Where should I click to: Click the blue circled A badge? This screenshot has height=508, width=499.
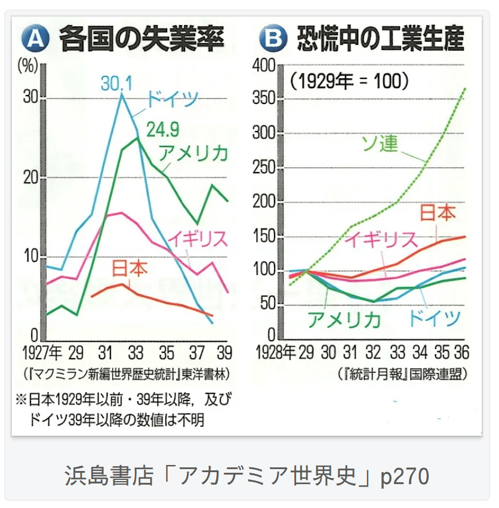coord(34,39)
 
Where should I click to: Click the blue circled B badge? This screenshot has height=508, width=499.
coord(273,39)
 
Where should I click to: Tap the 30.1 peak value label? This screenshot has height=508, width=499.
coord(117,82)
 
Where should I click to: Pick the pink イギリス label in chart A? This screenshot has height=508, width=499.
coord(196,238)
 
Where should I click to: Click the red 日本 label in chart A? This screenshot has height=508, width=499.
coord(130,268)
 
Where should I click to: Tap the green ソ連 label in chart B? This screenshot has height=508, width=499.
coord(380,143)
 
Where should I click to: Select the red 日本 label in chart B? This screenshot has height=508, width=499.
coord(438,213)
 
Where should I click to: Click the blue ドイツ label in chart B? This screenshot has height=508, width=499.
coord(434,317)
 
